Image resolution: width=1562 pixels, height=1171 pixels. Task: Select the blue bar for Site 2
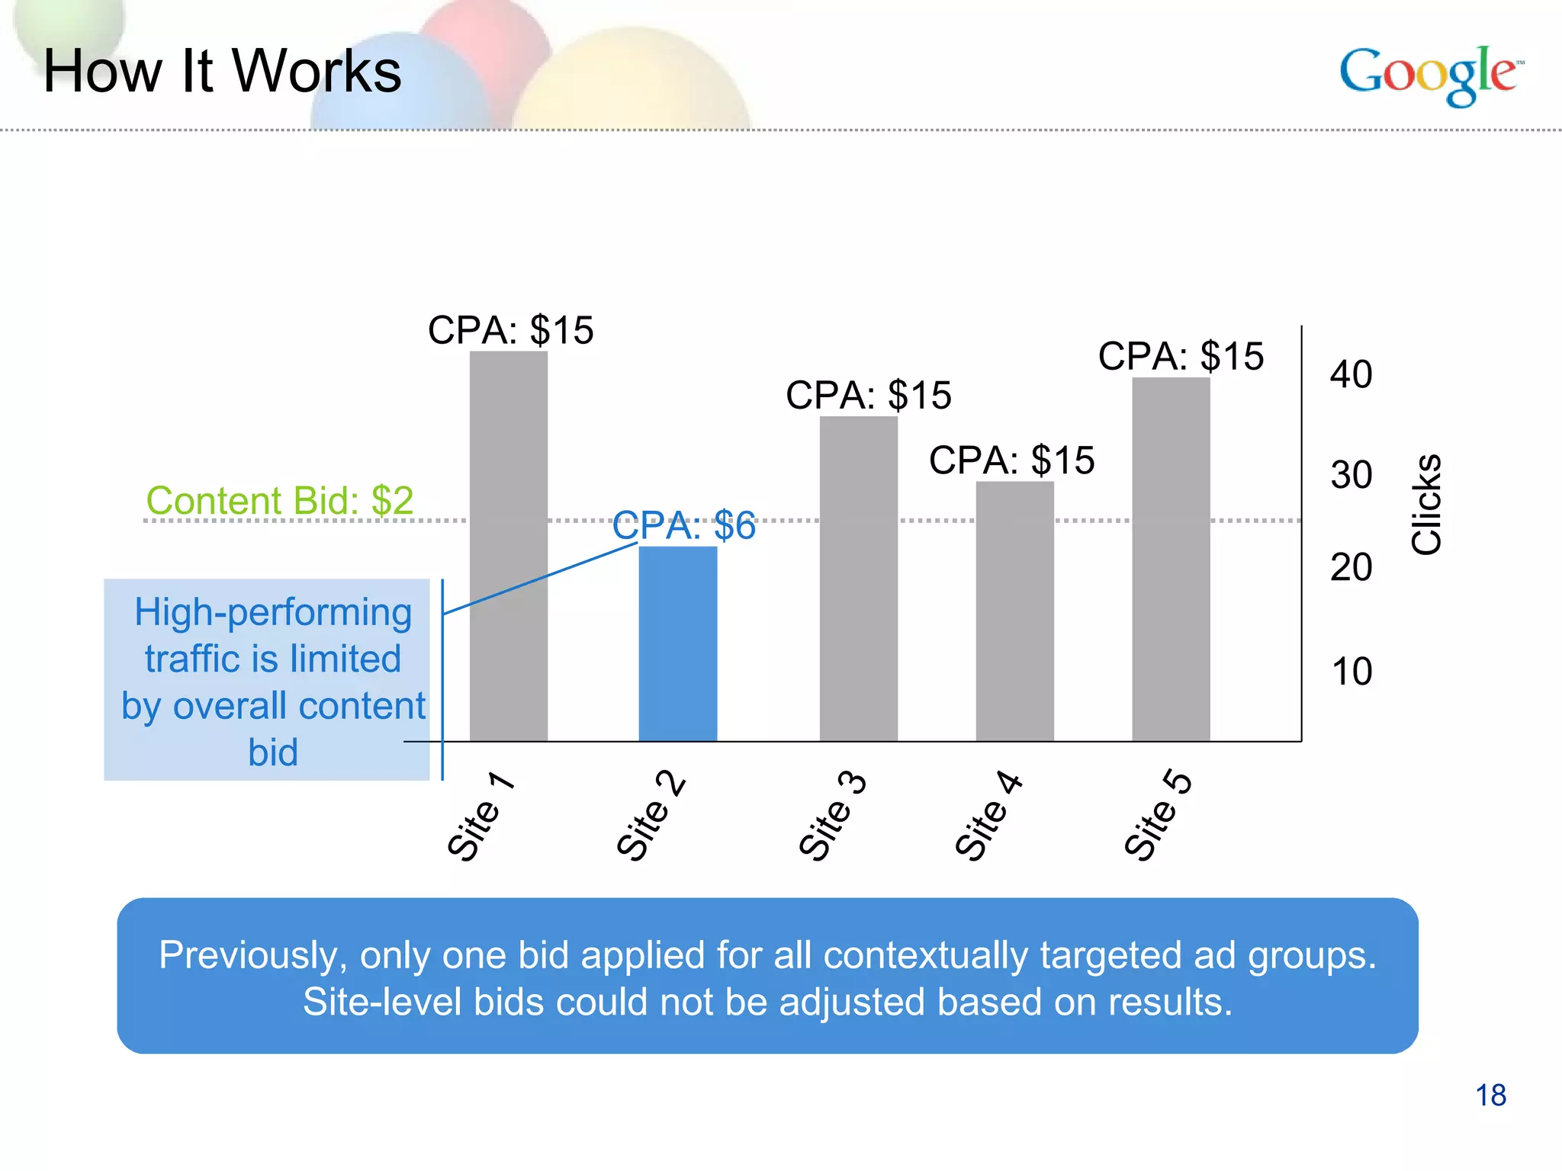point(677,644)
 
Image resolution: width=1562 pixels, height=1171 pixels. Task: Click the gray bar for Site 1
point(508,545)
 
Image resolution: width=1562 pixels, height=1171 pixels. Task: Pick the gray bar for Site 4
point(1014,610)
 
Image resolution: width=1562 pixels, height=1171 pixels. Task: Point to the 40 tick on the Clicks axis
point(1351,374)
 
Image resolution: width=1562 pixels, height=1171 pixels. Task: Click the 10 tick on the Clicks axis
point(1351,672)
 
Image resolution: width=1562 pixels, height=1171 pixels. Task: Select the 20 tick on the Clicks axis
point(1351,567)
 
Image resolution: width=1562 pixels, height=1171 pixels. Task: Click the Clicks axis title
point(1425,504)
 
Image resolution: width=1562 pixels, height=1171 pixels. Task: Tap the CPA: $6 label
point(683,525)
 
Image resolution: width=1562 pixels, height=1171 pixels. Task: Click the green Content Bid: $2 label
point(279,501)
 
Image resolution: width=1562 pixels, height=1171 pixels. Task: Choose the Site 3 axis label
point(832,816)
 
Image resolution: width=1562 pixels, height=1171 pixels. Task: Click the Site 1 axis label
point(480,816)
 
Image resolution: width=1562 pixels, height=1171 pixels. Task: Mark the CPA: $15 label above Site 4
point(1011,460)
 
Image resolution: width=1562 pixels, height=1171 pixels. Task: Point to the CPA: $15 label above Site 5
point(1181,356)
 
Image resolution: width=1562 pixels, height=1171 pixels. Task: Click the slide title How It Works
point(222,71)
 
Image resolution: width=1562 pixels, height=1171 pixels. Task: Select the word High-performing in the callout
point(273,612)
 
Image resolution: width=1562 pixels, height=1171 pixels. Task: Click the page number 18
point(1490,1096)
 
